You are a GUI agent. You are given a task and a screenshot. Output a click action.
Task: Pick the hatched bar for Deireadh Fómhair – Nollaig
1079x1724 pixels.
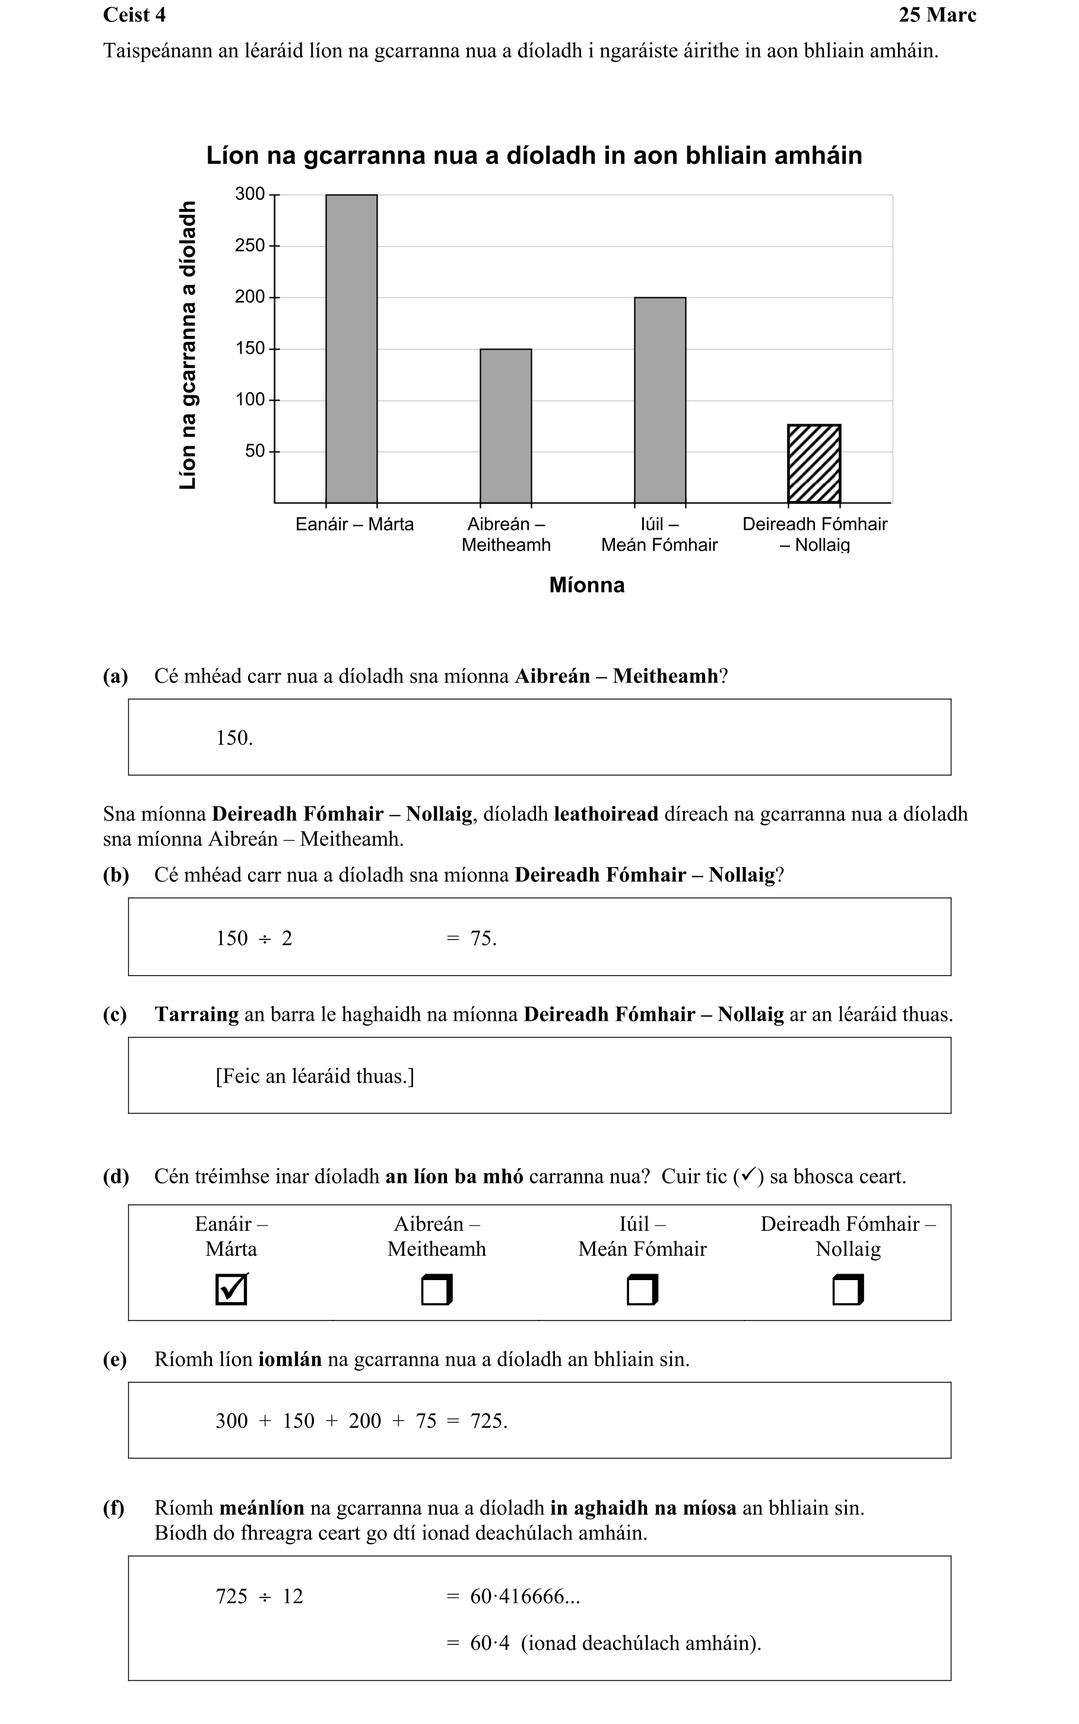(814, 464)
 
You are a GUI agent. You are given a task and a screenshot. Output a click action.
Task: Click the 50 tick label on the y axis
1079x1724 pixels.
(255, 451)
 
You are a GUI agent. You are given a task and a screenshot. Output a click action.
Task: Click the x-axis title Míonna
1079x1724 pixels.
(586, 585)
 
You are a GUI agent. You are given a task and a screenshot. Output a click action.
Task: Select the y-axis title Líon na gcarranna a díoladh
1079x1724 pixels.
(188, 345)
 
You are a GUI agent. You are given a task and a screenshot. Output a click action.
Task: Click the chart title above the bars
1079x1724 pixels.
(534, 155)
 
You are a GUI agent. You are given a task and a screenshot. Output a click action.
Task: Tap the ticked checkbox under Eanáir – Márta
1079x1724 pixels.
(231, 1290)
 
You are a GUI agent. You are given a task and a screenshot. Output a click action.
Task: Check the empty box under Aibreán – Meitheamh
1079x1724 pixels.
(437, 1290)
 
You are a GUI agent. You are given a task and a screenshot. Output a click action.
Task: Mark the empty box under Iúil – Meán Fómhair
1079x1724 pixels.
(642, 1290)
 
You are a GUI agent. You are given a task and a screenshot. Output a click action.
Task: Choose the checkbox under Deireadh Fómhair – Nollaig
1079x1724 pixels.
(848, 1290)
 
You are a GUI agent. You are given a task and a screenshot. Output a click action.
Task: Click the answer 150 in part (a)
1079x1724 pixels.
(233, 738)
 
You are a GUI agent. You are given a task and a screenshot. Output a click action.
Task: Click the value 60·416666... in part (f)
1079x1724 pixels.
(525, 1596)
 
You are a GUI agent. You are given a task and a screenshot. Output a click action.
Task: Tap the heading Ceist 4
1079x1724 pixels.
(134, 15)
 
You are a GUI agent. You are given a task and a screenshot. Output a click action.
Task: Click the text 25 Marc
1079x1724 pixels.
(937, 15)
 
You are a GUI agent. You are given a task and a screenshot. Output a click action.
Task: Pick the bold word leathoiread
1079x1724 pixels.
(606, 814)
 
